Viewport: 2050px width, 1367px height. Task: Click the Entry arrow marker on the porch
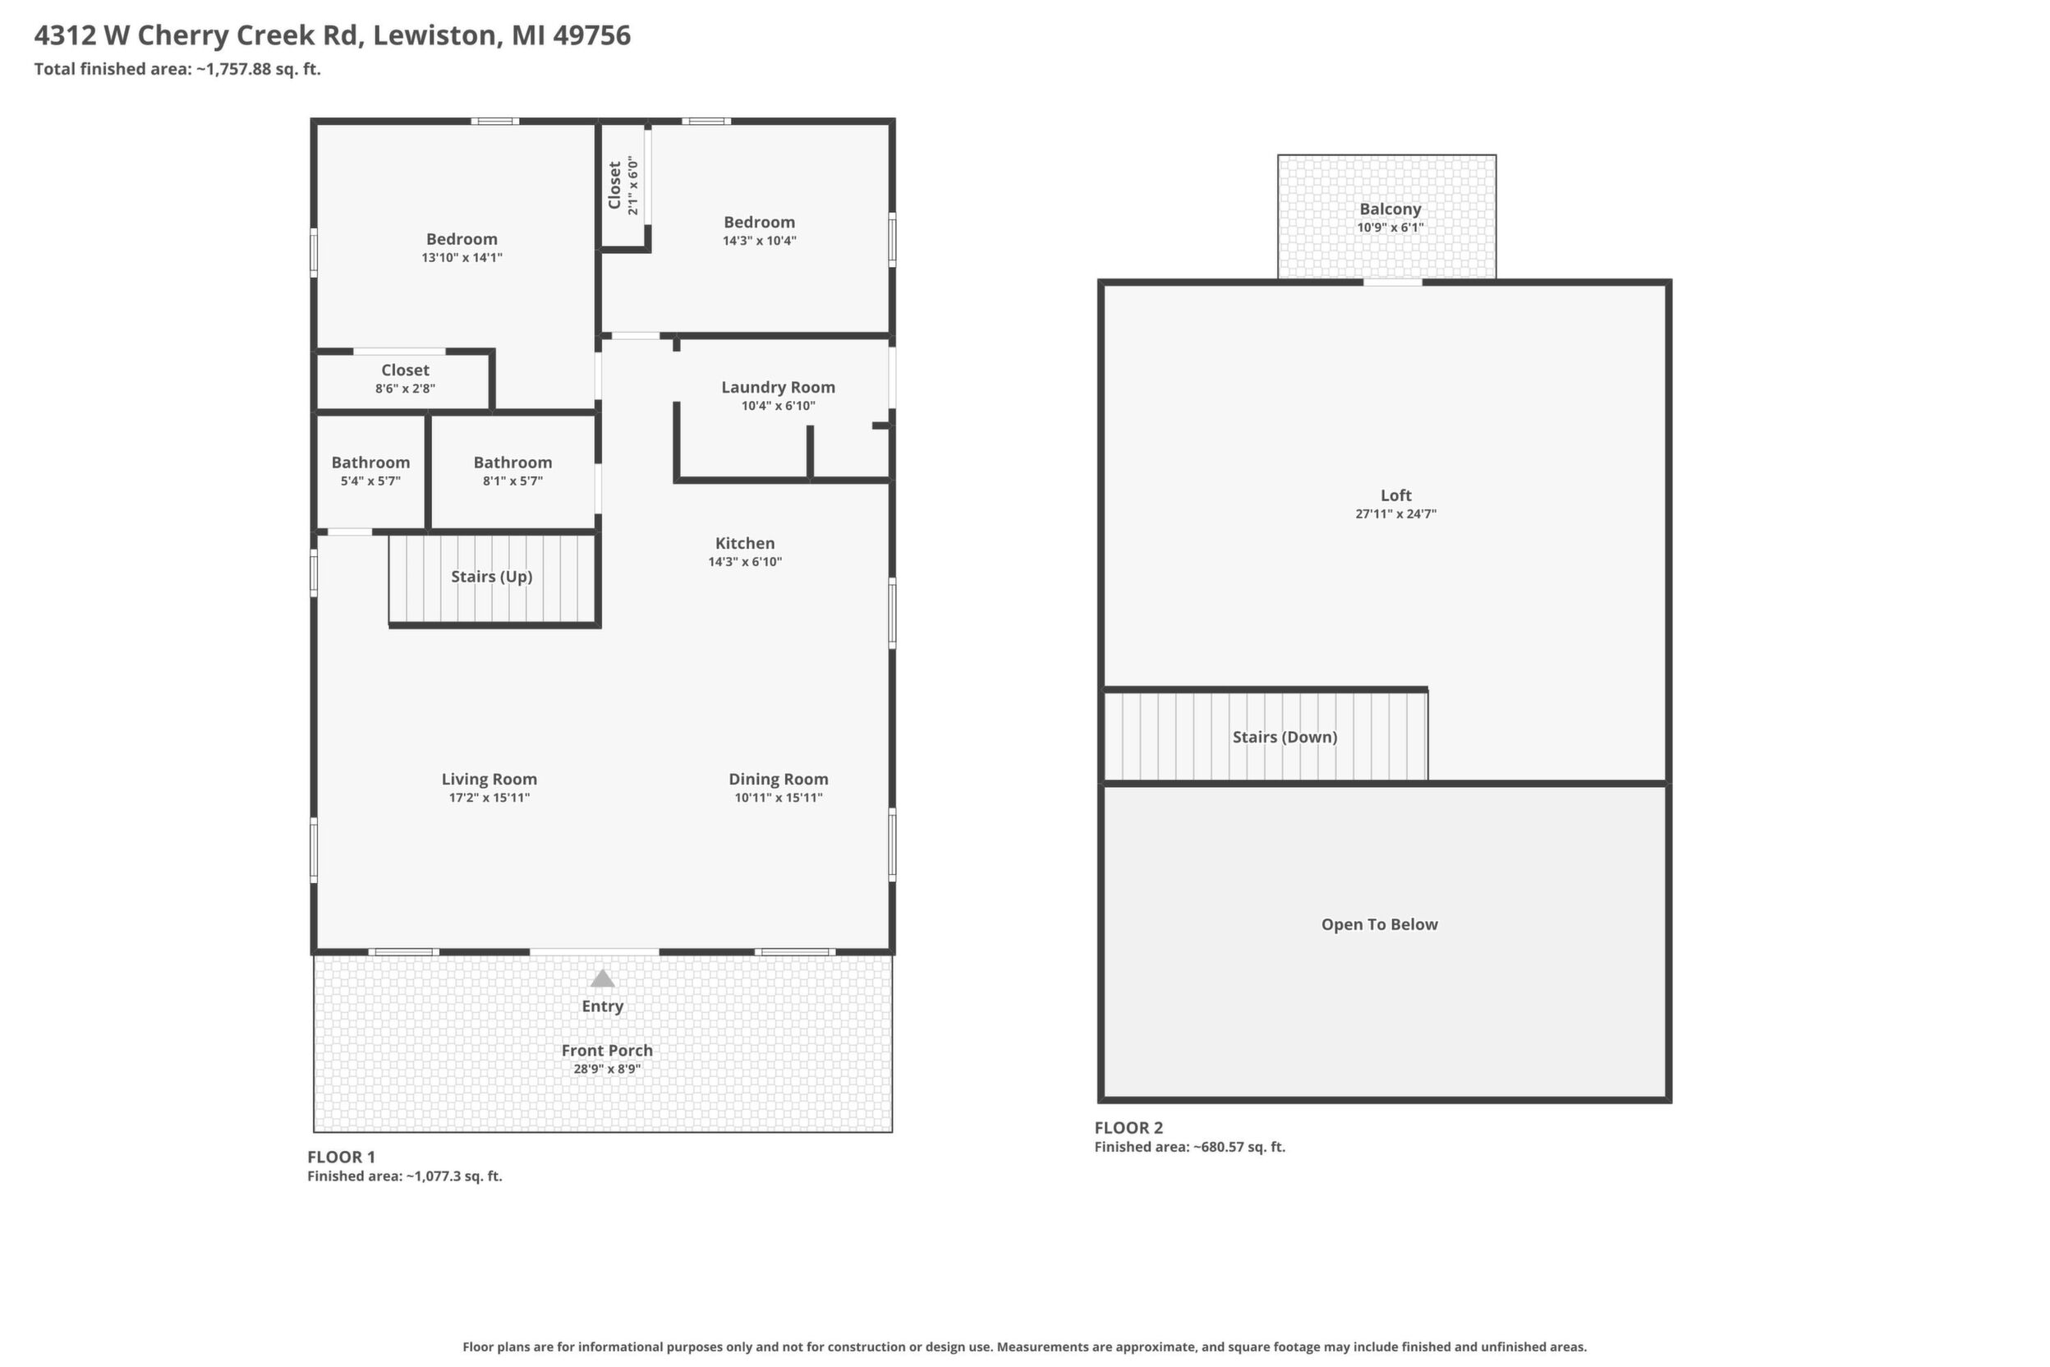602,978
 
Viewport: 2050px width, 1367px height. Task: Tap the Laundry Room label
779,387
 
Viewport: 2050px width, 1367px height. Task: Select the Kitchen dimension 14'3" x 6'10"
745,562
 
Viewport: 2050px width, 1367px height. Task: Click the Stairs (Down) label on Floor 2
1285,738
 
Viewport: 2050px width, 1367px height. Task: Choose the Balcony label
1390,209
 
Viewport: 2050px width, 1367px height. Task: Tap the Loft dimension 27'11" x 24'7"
1395,514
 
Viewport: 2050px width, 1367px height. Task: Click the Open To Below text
1379,924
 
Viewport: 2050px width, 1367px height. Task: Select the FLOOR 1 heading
341,1157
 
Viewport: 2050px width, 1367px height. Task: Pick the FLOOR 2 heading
1128,1127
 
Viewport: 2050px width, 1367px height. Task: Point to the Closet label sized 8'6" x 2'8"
405,371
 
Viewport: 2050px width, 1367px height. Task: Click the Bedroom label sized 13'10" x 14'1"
462,239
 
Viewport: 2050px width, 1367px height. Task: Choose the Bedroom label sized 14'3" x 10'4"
759,223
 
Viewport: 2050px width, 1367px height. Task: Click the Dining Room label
779,780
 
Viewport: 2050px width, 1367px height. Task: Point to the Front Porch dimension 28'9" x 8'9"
607,1069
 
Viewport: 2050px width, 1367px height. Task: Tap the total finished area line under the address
177,70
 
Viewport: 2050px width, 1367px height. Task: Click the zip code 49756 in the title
592,36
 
